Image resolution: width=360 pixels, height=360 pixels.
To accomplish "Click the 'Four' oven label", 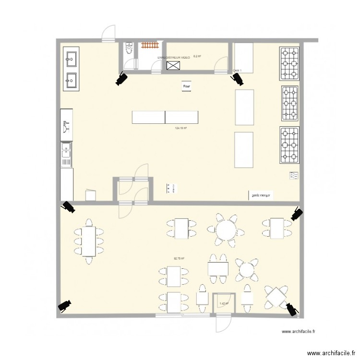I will (187, 86).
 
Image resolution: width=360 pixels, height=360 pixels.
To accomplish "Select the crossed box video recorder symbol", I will (173, 65).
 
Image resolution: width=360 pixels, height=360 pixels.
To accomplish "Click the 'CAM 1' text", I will (237, 71).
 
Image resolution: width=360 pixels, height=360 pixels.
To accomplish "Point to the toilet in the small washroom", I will (128, 48).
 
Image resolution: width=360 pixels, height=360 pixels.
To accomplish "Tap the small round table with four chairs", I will (247, 269).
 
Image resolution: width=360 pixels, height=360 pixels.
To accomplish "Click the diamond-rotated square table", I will (276, 296).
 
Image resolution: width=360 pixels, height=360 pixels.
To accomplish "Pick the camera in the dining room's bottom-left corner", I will (64, 305).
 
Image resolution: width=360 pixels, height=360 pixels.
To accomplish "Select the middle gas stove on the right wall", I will (289, 102).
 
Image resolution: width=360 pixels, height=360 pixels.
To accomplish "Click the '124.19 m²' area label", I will (181, 128).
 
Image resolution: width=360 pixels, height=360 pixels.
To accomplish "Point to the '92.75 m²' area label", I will (179, 259).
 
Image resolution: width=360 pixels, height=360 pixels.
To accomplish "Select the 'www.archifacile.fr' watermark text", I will (301, 331).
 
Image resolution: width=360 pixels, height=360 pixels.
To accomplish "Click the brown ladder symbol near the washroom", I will (150, 46).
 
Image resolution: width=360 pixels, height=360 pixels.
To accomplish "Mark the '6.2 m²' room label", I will (197, 57).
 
